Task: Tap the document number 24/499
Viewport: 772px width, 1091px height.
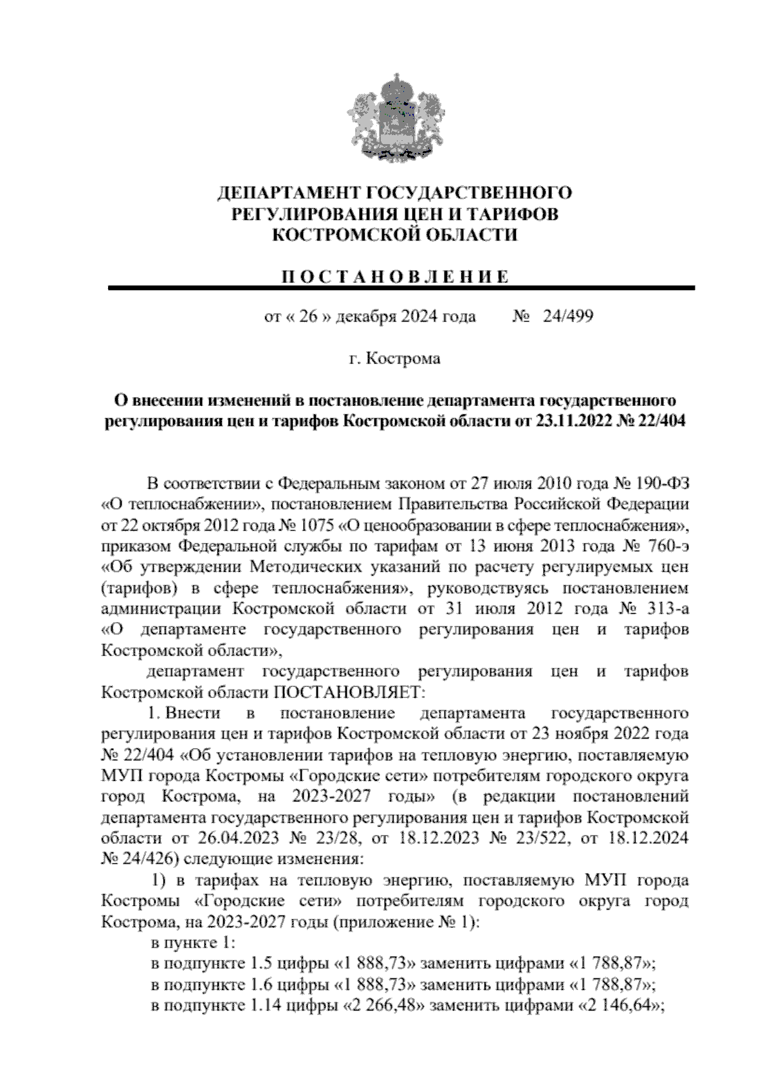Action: (x=568, y=316)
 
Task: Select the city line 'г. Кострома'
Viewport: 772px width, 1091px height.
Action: (x=394, y=358)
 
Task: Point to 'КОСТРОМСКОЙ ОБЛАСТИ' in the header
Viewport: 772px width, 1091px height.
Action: (x=394, y=235)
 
